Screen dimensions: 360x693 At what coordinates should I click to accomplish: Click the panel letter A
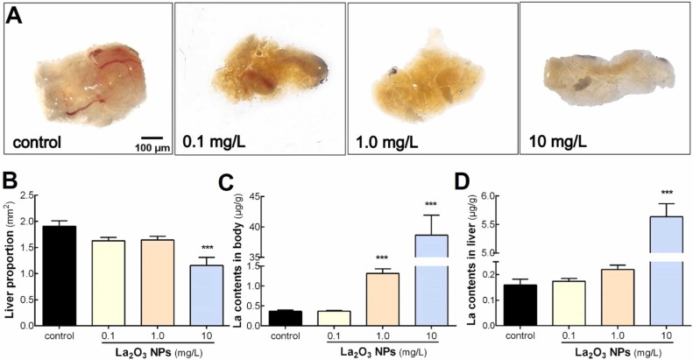pos(15,18)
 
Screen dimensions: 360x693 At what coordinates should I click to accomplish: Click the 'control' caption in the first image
pos(41,139)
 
